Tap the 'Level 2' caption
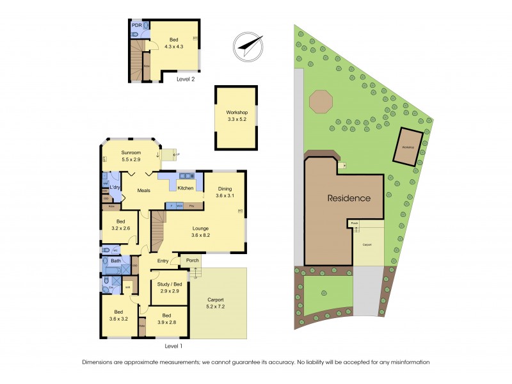pos(184,79)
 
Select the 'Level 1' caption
pos(173,346)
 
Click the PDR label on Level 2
pos(136,26)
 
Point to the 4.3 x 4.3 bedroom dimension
pos(174,46)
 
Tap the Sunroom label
pos(131,153)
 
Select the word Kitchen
pos(186,188)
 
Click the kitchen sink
pos(187,175)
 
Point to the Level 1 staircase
pos(157,232)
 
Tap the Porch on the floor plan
pos(193,260)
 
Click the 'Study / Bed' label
pos(170,284)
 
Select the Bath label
pos(116,261)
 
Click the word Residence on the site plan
pos(349,198)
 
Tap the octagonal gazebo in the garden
pos(321,101)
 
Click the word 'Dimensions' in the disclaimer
pos(100,362)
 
